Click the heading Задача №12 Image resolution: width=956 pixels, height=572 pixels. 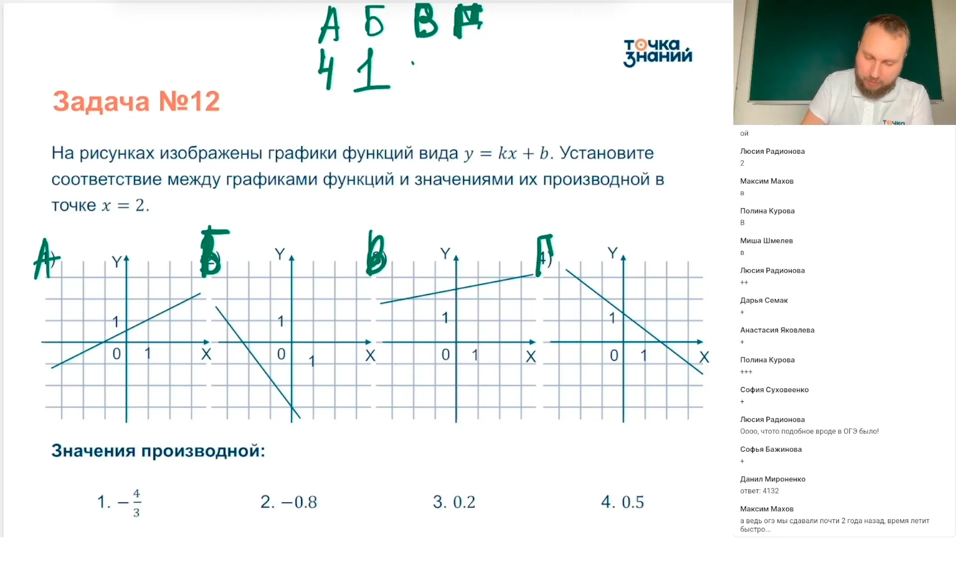pyautogui.click(x=136, y=101)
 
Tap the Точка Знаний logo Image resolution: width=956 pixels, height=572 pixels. pyautogui.click(x=657, y=52)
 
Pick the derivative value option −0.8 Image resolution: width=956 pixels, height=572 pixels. pyautogui.click(x=289, y=502)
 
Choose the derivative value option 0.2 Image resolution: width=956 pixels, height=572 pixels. pyautogui.click(x=454, y=502)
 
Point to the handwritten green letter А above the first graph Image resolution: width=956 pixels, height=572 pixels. pyautogui.click(x=45, y=259)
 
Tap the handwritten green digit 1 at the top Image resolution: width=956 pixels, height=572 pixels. pyautogui.click(x=371, y=70)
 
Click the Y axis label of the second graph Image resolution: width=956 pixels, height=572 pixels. pyautogui.click(x=280, y=254)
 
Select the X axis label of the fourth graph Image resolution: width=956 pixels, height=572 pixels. pyautogui.click(x=704, y=357)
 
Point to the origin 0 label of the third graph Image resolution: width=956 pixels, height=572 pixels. pyautogui.click(x=446, y=354)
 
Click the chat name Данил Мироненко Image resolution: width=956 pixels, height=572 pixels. pyautogui.click(x=772, y=479)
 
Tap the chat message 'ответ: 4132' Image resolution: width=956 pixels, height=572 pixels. pyautogui.click(x=759, y=491)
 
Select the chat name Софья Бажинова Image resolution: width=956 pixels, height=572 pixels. pyautogui.click(x=771, y=449)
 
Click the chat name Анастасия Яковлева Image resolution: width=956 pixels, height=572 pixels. pyautogui.click(x=777, y=330)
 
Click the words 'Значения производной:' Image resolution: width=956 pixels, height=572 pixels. pyautogui.click(x=158, y=451)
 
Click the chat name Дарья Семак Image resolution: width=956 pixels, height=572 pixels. pyautogui.click(x=764, y=300)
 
